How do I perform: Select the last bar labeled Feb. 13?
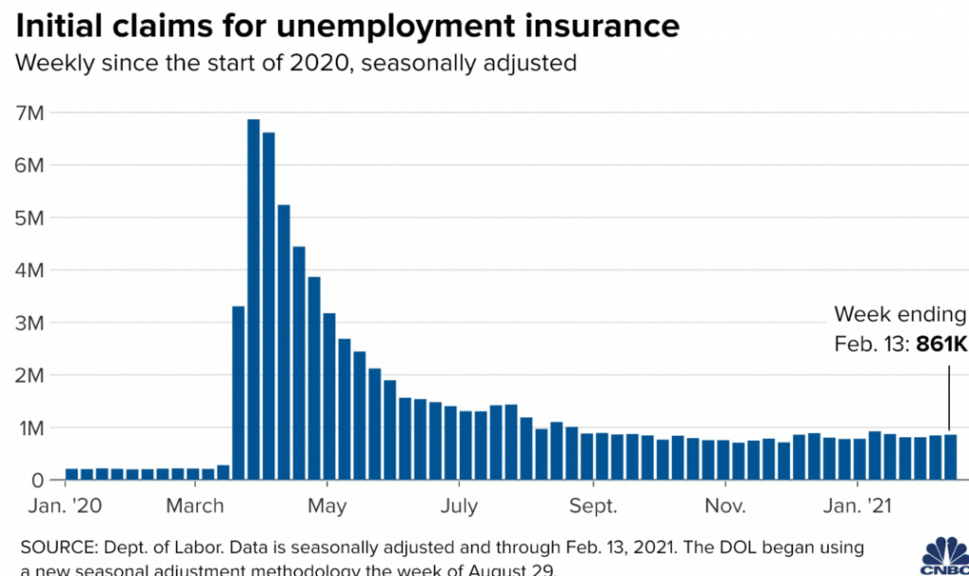point(950,457)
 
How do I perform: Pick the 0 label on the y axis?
point(40,480)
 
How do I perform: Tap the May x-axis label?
point(327,506)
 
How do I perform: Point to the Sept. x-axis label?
point(594,506)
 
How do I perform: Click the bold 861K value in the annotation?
point(943,345)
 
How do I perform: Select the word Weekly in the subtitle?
point(53,64)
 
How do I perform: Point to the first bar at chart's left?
point(72,475)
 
